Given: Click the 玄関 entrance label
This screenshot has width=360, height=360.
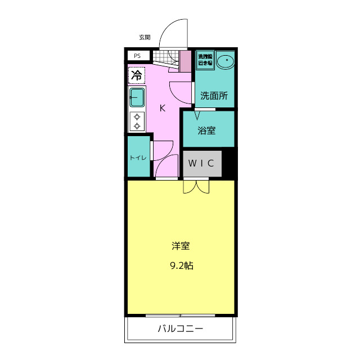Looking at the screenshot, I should click(145, 37).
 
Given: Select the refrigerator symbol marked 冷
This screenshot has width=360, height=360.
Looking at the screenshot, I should click(137, 75).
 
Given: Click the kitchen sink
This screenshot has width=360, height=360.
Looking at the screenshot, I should click(137, 97).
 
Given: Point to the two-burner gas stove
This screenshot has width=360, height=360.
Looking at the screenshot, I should click(137, 121).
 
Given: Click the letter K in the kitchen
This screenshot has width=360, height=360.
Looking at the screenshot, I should click(162, 108).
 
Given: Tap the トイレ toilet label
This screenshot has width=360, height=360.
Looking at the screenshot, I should click(138, 157).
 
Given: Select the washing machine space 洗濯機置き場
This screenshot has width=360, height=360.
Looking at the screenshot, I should click(205, 60).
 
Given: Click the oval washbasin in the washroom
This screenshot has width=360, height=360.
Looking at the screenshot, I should click(226, 61).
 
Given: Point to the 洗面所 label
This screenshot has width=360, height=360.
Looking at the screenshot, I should click(214, 96).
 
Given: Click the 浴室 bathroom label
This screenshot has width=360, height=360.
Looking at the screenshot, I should click(206, 130).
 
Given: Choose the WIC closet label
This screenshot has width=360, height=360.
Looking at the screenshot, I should click(201, 164).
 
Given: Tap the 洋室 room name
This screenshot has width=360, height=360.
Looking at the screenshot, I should click(181, 246).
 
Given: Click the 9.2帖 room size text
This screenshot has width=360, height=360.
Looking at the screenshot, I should click(181, 265).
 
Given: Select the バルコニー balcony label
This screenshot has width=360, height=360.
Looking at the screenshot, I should click(179, 329).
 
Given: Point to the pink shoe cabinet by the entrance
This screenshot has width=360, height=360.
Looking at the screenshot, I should click(185, 61).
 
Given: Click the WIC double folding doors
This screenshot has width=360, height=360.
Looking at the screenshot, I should click(196, 186).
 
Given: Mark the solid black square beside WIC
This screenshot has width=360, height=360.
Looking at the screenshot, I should click(229, 163).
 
